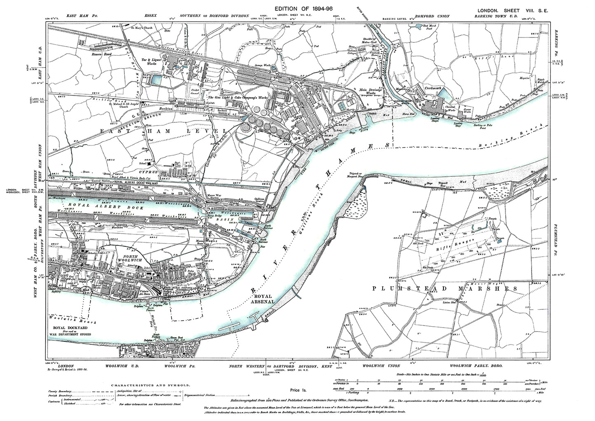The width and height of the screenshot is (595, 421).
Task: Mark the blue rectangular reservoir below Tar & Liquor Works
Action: tap(157, 79)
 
